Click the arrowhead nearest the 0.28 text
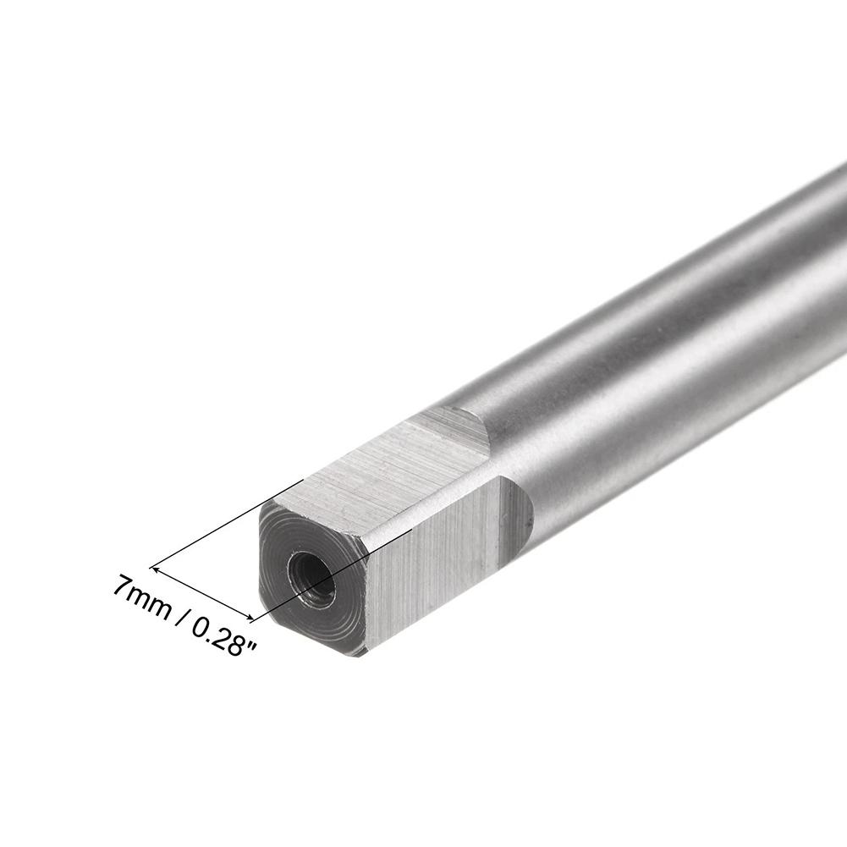point(250,618)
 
